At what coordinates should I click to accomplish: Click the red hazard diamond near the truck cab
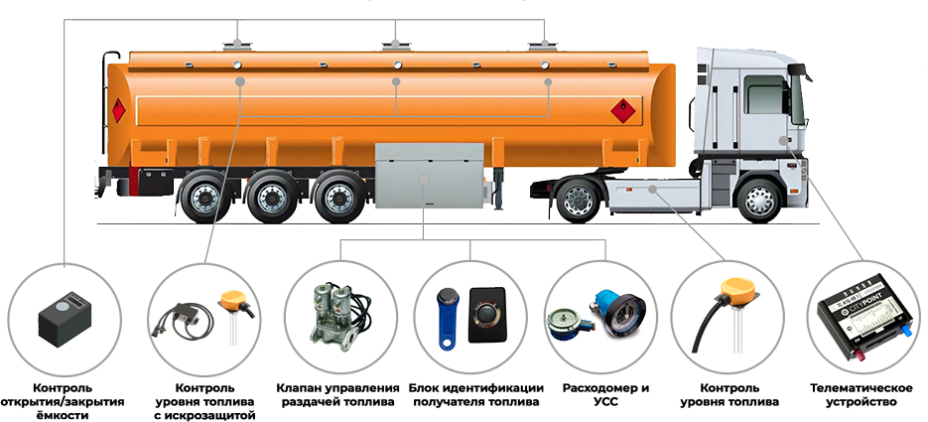(x=623, y=110)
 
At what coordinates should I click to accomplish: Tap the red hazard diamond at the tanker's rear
(x=119, y=110)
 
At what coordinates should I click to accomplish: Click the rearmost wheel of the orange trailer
(x=203, y=197)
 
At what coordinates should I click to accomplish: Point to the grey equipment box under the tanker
(x=429, y=175)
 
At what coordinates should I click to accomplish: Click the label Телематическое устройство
(x=862, y=395)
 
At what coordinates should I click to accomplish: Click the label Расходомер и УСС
(x=605, y=395)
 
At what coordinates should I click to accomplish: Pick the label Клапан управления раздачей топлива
(x=337, y=395)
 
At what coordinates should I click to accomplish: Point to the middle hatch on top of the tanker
(x=396, y=45)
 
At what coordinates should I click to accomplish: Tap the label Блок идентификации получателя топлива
(x=475, y=395)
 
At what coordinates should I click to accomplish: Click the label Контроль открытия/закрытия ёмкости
(x=63, y=402)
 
